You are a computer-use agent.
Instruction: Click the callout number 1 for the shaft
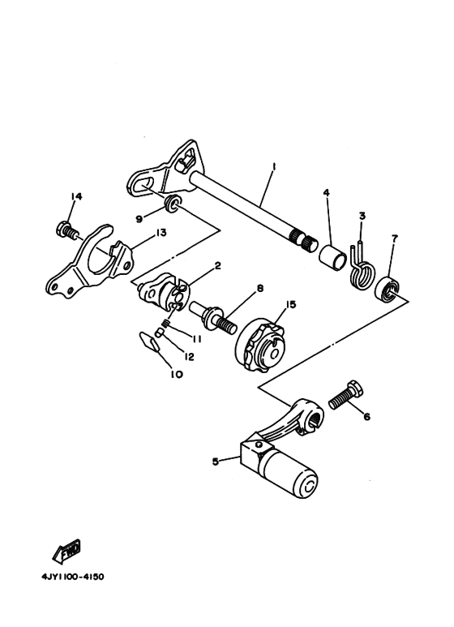coord(274,166)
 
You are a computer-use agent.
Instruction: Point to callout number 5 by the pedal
coord(215,462)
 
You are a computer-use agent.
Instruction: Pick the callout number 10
coord(177,375)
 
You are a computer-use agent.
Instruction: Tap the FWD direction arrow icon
coord(66,554)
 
